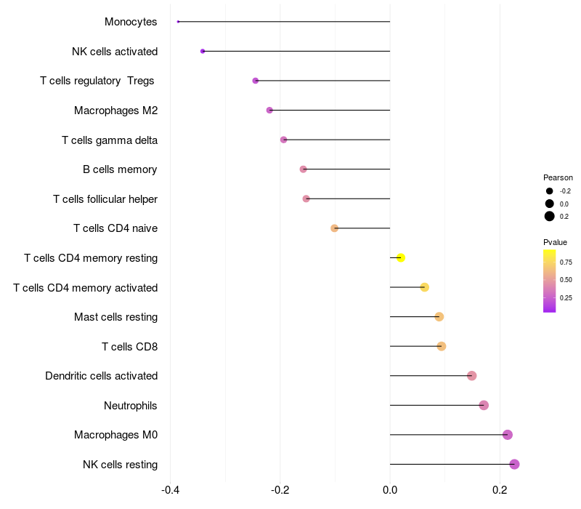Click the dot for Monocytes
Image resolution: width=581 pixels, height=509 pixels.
point(178,22)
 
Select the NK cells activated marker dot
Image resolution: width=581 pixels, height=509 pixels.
point(203,51)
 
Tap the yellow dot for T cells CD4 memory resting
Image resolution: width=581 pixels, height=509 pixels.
point(400,257)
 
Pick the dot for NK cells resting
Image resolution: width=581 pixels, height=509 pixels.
point(514,464)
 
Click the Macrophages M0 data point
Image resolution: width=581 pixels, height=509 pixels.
point(507,435)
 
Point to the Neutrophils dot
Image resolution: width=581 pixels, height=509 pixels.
point(484,405)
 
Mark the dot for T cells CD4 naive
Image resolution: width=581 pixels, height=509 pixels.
point(335,228)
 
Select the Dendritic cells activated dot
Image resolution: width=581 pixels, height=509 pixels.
point(471,376)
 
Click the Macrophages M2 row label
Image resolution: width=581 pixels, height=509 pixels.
point(115,111)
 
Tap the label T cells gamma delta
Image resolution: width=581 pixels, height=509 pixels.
point(110,140)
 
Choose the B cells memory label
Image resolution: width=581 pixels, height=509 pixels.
point(120,169)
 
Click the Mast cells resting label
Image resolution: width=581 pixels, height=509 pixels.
point(115,317)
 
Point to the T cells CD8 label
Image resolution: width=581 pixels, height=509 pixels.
point(129,346)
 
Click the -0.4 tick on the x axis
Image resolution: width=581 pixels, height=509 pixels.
point(170,490)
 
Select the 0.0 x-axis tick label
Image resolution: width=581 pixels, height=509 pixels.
point(390,490)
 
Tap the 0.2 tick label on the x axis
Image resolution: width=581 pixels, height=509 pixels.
point(500,490)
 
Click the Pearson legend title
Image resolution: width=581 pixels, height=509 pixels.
point(558,177)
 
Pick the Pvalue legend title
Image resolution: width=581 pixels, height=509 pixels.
point(555,242)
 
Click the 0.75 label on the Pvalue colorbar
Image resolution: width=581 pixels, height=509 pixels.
point(566,262)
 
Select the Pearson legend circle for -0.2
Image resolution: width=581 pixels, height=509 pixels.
point(550,191)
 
